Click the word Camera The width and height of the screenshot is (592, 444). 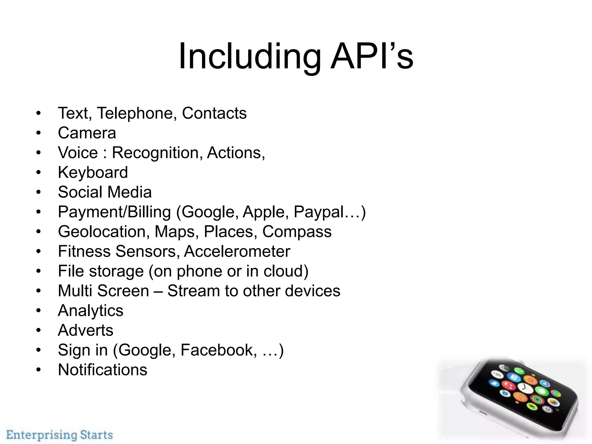click(87, 133)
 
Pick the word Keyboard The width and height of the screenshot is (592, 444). click(93, 173)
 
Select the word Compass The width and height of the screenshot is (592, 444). click(297, 232)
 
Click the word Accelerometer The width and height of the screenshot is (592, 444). click(237, 251)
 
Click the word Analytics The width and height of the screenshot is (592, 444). click(90, 311)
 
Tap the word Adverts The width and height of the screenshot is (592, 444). click(86, 330)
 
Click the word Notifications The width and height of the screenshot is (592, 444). click(103, 370)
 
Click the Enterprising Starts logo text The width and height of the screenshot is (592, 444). click(60, 435)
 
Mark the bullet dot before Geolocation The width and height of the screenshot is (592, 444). click(39, 232)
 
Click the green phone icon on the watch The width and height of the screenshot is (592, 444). click(519, 371)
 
